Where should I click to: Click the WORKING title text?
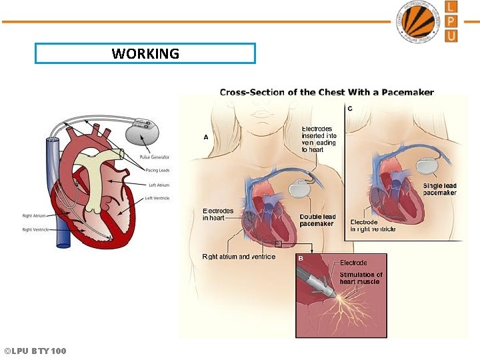tap(145, 53)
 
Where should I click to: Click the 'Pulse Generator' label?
tap(154, 157)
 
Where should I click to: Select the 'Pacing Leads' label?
tap(157, 171)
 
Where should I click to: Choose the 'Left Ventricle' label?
tap(157, 198)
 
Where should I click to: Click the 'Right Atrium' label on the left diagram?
tap(34, 216)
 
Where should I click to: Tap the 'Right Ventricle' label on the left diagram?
tap(36, 229)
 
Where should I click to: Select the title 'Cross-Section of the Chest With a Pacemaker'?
tap(327, 93)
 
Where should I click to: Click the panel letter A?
tap(206, 137)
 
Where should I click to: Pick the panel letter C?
tap(350, 108)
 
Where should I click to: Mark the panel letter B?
tap(301, 258)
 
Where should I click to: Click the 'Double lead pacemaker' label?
tap(317, 220)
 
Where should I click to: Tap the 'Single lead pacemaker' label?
tap(440, 189)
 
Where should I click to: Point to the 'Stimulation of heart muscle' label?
tap(361, 278)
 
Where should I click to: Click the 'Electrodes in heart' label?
tap(218, 215)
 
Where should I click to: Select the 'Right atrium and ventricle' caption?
tap(239, 257)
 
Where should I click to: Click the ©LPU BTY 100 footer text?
tap(35, 351)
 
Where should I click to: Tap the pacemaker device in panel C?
tap(427, 165)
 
